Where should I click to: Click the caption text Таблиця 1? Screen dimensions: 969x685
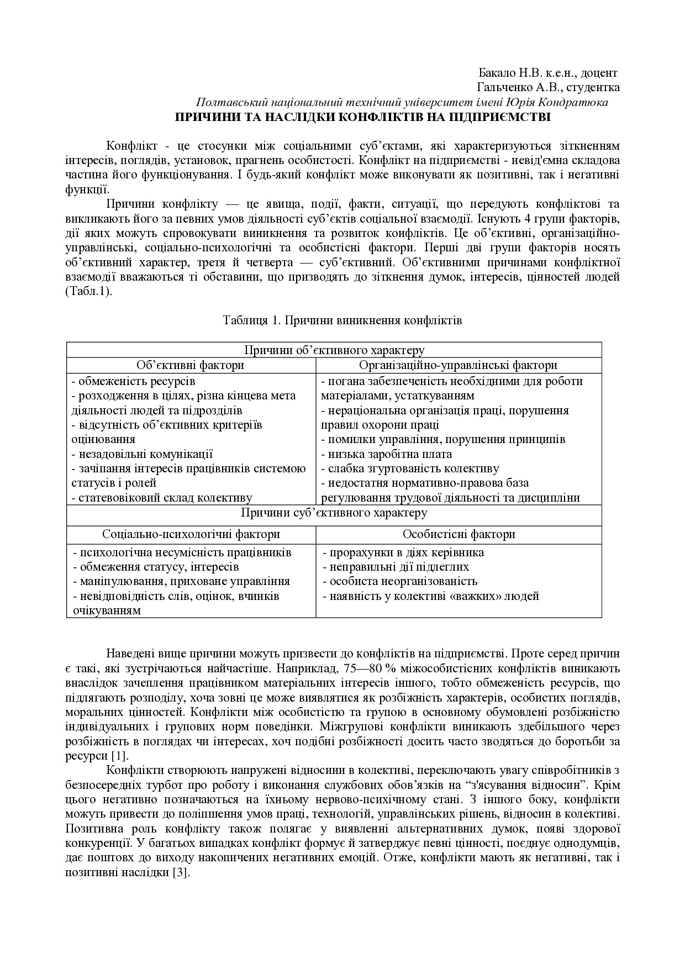[247, 320]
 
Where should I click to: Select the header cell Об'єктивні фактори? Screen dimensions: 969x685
[191, 365]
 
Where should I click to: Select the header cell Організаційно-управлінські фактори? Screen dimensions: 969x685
[458, 365]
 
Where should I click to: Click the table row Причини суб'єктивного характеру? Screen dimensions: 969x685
[334, 513]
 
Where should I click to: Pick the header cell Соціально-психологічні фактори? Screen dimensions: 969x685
[191, 534]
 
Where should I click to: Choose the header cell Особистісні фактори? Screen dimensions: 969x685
[459, 534]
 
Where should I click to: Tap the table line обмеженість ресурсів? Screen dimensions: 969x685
[136, 381]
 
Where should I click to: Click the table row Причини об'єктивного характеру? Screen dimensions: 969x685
[334, 350]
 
